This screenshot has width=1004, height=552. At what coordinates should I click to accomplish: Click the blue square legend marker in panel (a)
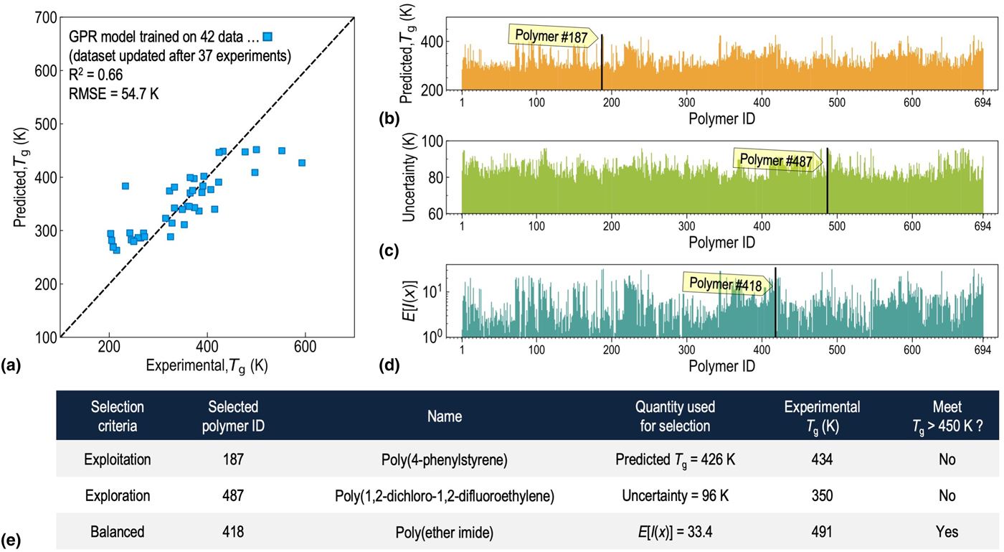pos(267,36)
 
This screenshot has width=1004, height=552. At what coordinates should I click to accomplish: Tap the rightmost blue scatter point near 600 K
pos(302,163)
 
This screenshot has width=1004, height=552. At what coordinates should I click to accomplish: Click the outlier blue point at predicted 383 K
pos(125,186)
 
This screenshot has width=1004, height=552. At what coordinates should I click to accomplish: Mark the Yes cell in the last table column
pos(946,532)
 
